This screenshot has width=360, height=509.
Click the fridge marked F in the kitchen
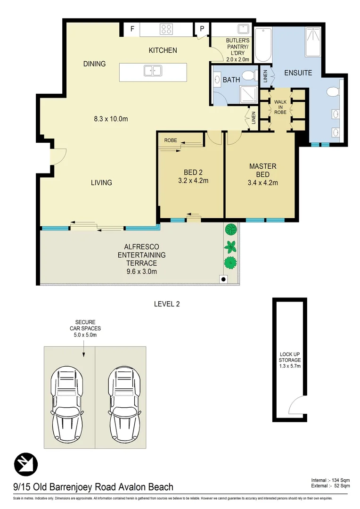[132, 29]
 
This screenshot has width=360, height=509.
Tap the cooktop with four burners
[166, 29]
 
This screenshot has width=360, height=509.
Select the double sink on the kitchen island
[153, 72]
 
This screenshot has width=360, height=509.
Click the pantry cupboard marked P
[202, 29]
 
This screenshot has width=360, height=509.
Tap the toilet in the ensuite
[334, 91]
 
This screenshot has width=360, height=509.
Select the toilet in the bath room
[249, 75]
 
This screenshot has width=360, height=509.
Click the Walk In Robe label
[280, 107]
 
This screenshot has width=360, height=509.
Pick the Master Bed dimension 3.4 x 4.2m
[262, 181]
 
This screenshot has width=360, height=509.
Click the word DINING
[94, 64]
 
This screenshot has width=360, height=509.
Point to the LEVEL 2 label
[167, 304]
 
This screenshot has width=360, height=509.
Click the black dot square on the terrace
[223, 279]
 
